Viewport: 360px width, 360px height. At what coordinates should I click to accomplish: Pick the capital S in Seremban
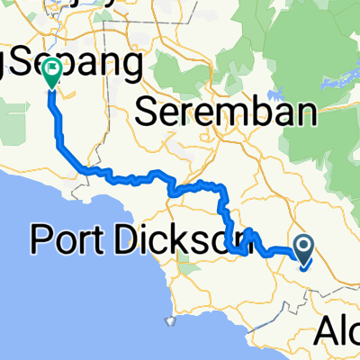point(148,113)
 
